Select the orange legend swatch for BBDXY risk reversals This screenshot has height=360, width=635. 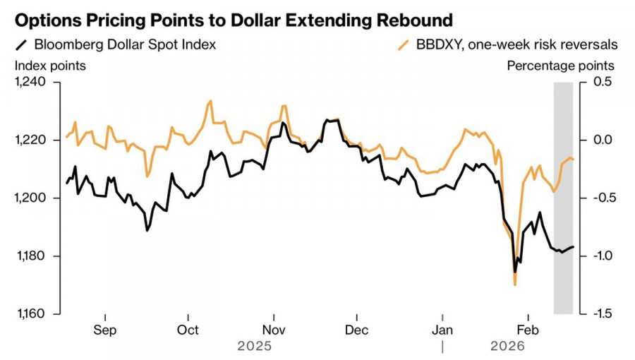pyautogui.click(x=404, y=45)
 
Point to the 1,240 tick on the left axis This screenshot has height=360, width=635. pyautogui.click(x=30, y=82)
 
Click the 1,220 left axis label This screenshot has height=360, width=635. pyautogui.click(x=30, y=140)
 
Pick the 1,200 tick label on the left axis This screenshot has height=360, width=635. pyautogui.click(x=30, y=198)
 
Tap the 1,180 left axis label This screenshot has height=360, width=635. pyautogui.click(x=30, y=256)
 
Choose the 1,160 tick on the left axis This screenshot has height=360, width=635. pyautogui.click(x=30, y=313)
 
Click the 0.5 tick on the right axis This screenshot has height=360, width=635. pyautogui.click(x=597, y=82)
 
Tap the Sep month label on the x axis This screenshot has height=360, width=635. pyautogui.click(x=104, y=329)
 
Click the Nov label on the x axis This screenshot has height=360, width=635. pyautogui.click(x=273, y=329)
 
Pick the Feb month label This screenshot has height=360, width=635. pyautogui.click(x=528, y=329)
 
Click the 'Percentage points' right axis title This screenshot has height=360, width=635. pyautogui.click(x=560, y=66)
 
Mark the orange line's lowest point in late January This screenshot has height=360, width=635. pyautogui.click(x=515, y=284)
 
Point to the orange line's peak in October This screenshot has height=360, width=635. pyautogui.click(x=210, y=101)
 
